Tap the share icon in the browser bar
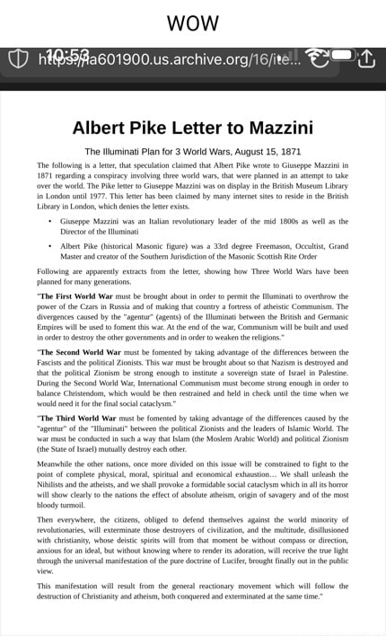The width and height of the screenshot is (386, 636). [367, 58]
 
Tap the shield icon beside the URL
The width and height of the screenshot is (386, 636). [19, 58]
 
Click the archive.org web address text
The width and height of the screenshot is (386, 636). [171, 59]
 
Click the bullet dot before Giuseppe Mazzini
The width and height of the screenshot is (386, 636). [48, 221]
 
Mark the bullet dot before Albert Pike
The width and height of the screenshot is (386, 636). [48, 245]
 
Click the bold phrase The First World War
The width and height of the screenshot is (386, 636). [81, 295]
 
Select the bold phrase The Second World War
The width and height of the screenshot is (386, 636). [86, 353]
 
